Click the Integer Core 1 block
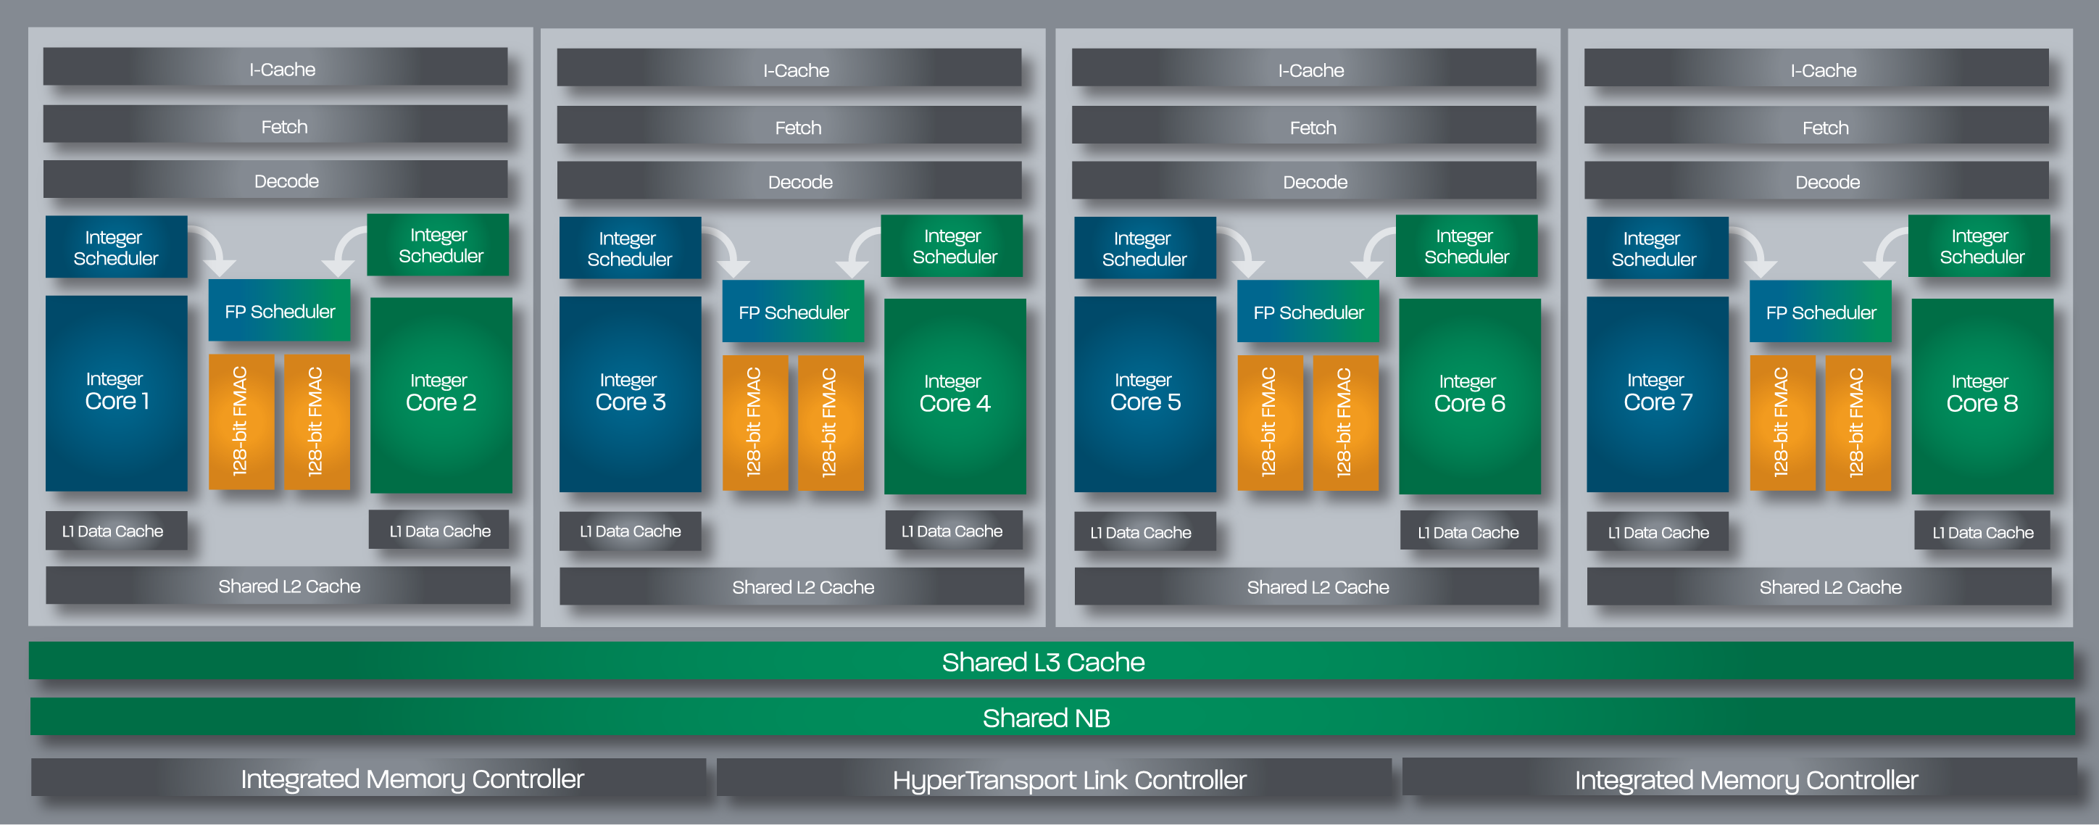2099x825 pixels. tap(117, 393)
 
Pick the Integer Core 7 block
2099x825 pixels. tap(1658, 394)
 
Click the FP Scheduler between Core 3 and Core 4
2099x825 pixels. tap(793, 312)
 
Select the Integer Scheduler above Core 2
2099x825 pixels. tap(438, 244)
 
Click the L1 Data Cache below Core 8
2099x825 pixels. tap(1982, 531)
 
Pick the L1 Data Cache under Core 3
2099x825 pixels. tap(630, 531)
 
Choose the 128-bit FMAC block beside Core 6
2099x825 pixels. tap(1345, 422)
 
